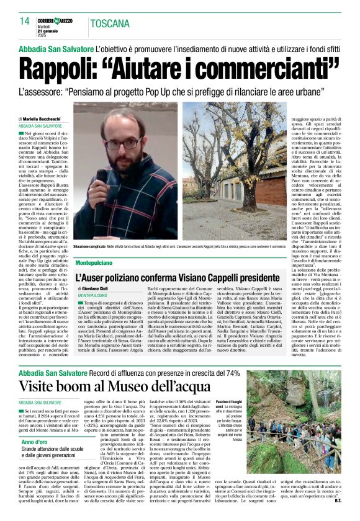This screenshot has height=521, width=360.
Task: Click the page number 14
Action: (x=25, y=21)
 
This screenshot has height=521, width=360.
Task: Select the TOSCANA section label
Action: (x=109, y=24)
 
